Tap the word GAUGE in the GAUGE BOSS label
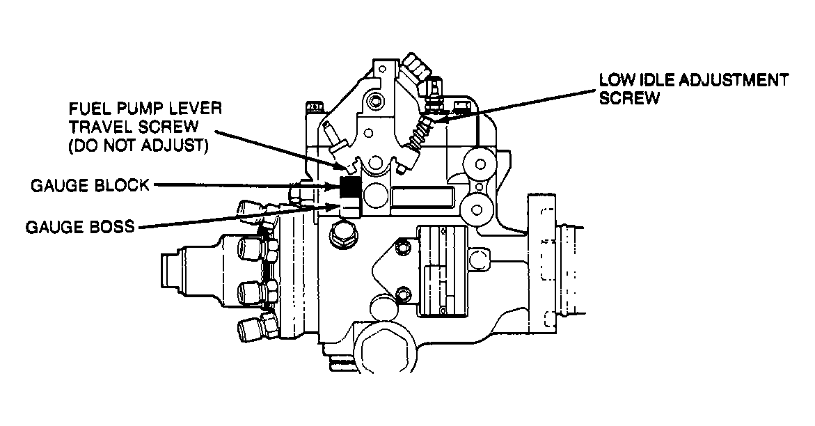[56, 227]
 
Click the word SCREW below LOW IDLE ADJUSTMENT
[629, 98]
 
